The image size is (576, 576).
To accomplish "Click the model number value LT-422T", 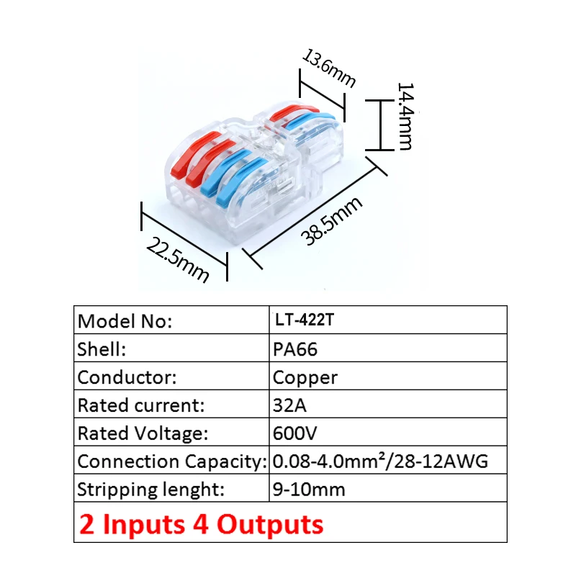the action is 304,320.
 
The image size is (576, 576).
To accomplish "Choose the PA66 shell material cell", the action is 295,349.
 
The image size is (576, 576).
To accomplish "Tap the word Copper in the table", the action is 305,377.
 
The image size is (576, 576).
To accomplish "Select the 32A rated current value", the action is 290,405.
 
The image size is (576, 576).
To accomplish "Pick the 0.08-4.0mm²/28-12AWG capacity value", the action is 380,462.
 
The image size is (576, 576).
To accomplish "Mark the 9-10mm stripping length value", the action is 309,490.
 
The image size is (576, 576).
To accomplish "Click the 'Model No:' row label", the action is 125,321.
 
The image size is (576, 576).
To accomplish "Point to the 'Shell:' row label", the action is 102,349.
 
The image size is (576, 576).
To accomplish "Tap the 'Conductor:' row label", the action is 127,377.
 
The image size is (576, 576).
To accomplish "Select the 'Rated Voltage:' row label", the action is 143,433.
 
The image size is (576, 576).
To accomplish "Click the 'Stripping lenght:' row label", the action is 151,490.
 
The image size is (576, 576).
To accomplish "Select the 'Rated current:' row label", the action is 140,405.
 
